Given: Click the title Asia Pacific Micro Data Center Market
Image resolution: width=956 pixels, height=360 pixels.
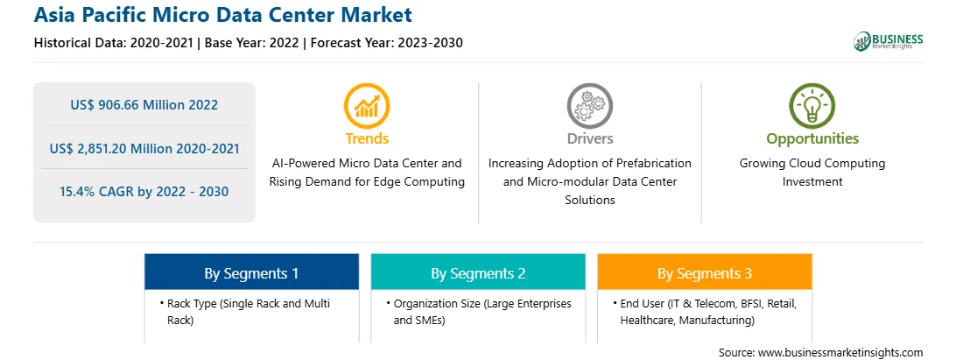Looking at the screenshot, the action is pos(222,14).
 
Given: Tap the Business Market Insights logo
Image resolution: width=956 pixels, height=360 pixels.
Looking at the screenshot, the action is pos(889,41).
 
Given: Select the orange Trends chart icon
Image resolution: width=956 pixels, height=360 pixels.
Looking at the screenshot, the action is pos(367,105).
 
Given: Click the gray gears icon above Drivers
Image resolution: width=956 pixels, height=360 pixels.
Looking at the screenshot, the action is pos(589,105).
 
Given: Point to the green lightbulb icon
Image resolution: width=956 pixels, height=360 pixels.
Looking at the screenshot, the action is pos(812,105).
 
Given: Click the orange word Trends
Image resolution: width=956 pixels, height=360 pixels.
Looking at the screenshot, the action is pos(367,138).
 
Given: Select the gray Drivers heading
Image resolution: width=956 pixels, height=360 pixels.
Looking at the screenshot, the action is pos(589,138).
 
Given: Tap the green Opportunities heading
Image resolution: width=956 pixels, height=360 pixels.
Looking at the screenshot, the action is pos(812,139).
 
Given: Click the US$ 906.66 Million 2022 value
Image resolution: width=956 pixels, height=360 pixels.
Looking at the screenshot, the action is pos(144,105).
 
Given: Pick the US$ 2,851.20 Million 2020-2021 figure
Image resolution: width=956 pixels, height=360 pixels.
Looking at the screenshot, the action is pos(144,148).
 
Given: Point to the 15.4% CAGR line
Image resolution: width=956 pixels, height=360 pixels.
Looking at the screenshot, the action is pos(144,192).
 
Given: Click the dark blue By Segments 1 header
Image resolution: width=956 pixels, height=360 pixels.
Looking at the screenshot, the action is pos(252,272).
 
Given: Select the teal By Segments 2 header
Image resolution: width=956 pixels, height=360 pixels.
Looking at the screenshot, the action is pos(478,272).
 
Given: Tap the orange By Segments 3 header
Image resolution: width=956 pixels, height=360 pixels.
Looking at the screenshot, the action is pos(705,272).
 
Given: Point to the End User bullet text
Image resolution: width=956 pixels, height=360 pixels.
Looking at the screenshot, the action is pos(708,312).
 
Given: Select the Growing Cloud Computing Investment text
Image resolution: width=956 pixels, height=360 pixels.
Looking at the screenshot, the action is pos(812,172).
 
